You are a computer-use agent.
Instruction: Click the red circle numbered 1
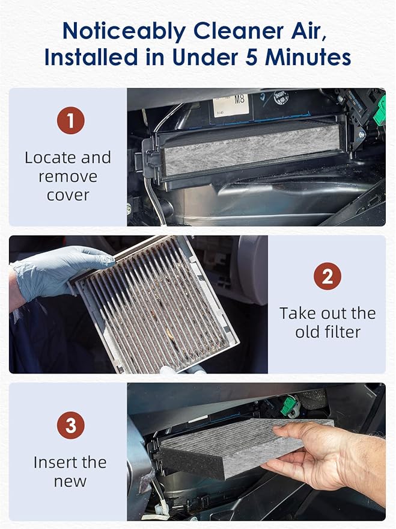tap(70, 121)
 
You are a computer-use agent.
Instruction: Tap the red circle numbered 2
tap(327, 277)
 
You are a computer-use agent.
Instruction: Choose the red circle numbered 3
tap(70, 425)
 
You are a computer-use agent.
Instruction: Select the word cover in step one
tap(67, 195)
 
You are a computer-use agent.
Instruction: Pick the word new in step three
tap(70, 481)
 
